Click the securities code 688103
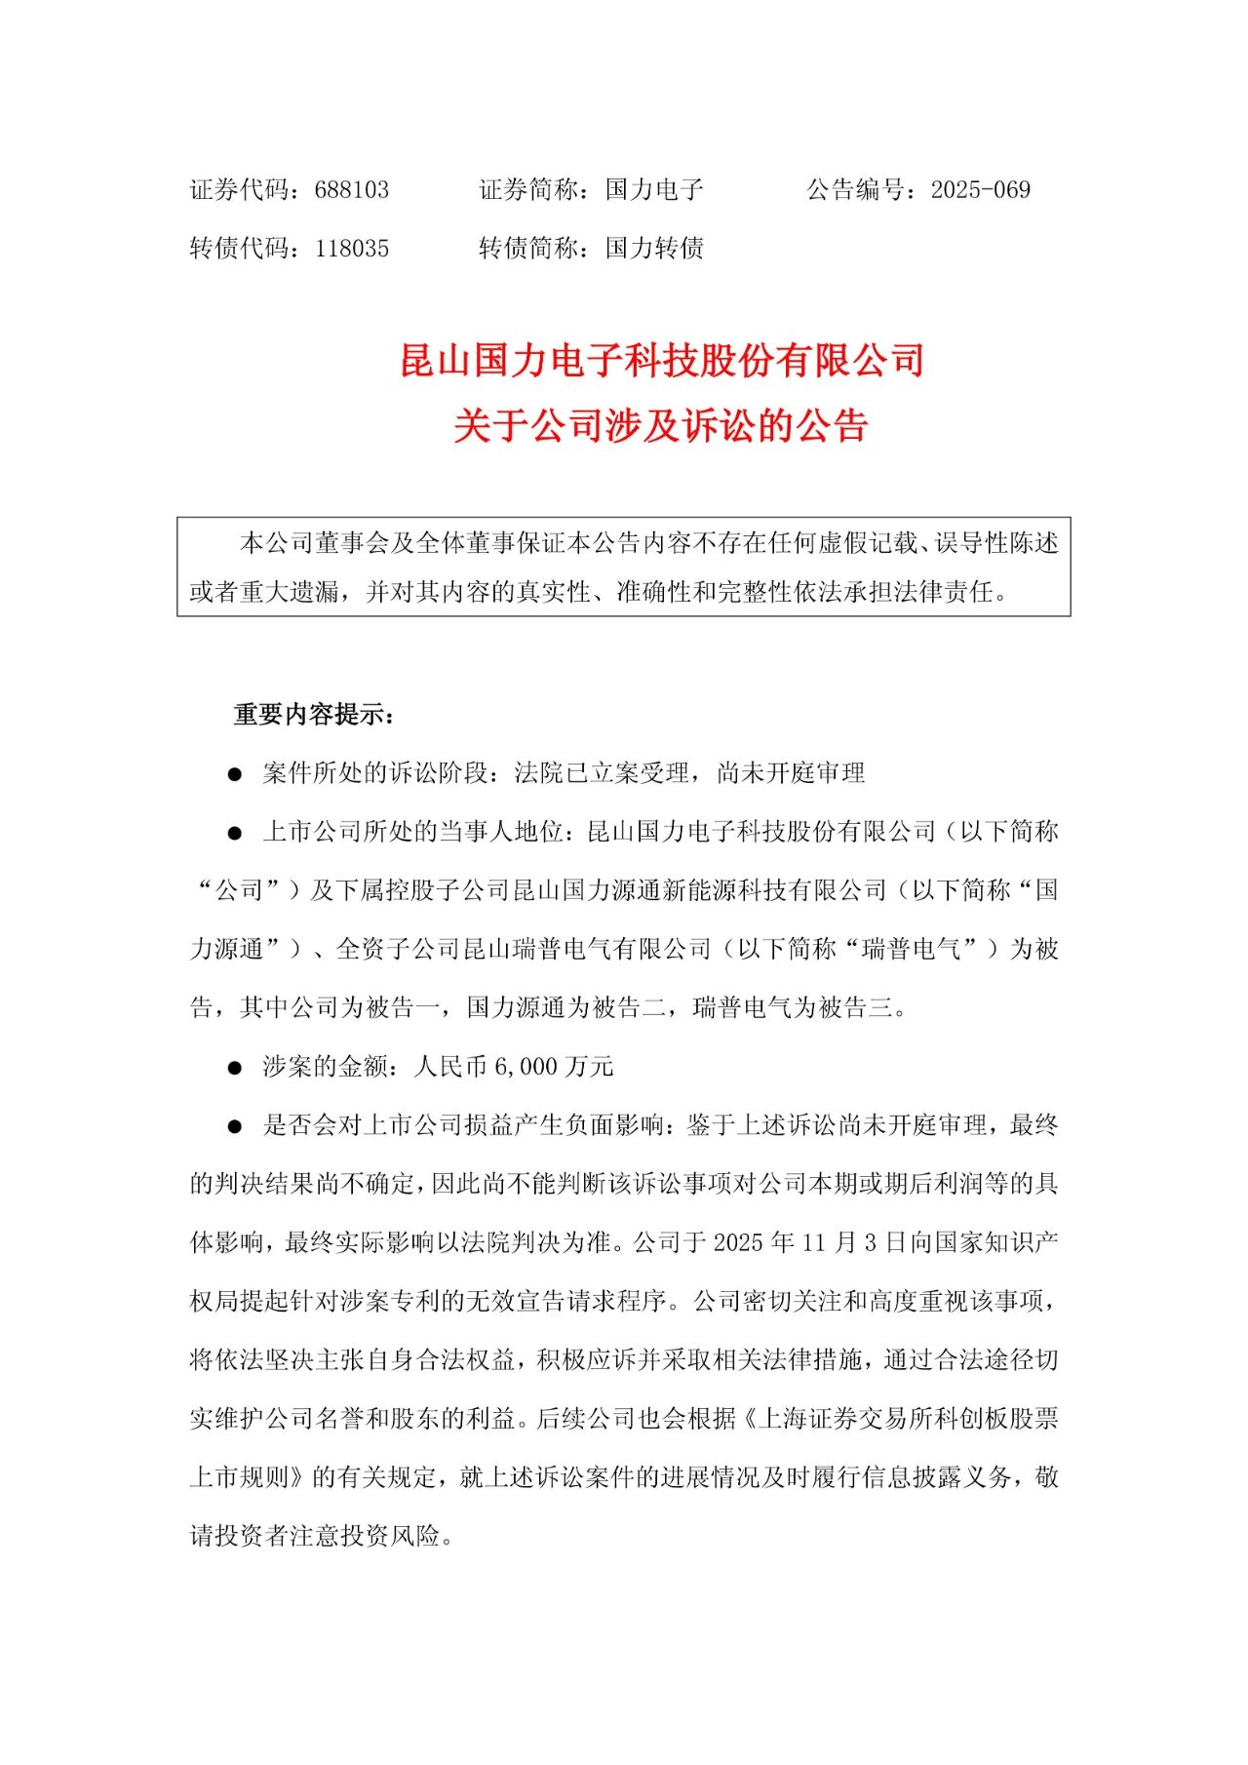point(351,190)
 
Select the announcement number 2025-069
point(980,190)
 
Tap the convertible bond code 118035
point(351,249)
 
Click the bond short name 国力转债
point(654,249)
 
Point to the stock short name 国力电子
point(654,190)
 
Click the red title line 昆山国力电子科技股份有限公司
point(662,361)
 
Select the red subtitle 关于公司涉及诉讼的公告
point(661,426)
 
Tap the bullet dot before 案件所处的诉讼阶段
point(234,774)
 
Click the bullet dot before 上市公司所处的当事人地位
point(234,833)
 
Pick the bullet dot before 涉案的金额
point(234,1068)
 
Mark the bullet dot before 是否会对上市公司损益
point(234,1126)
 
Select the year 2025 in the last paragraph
point(739,1243)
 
